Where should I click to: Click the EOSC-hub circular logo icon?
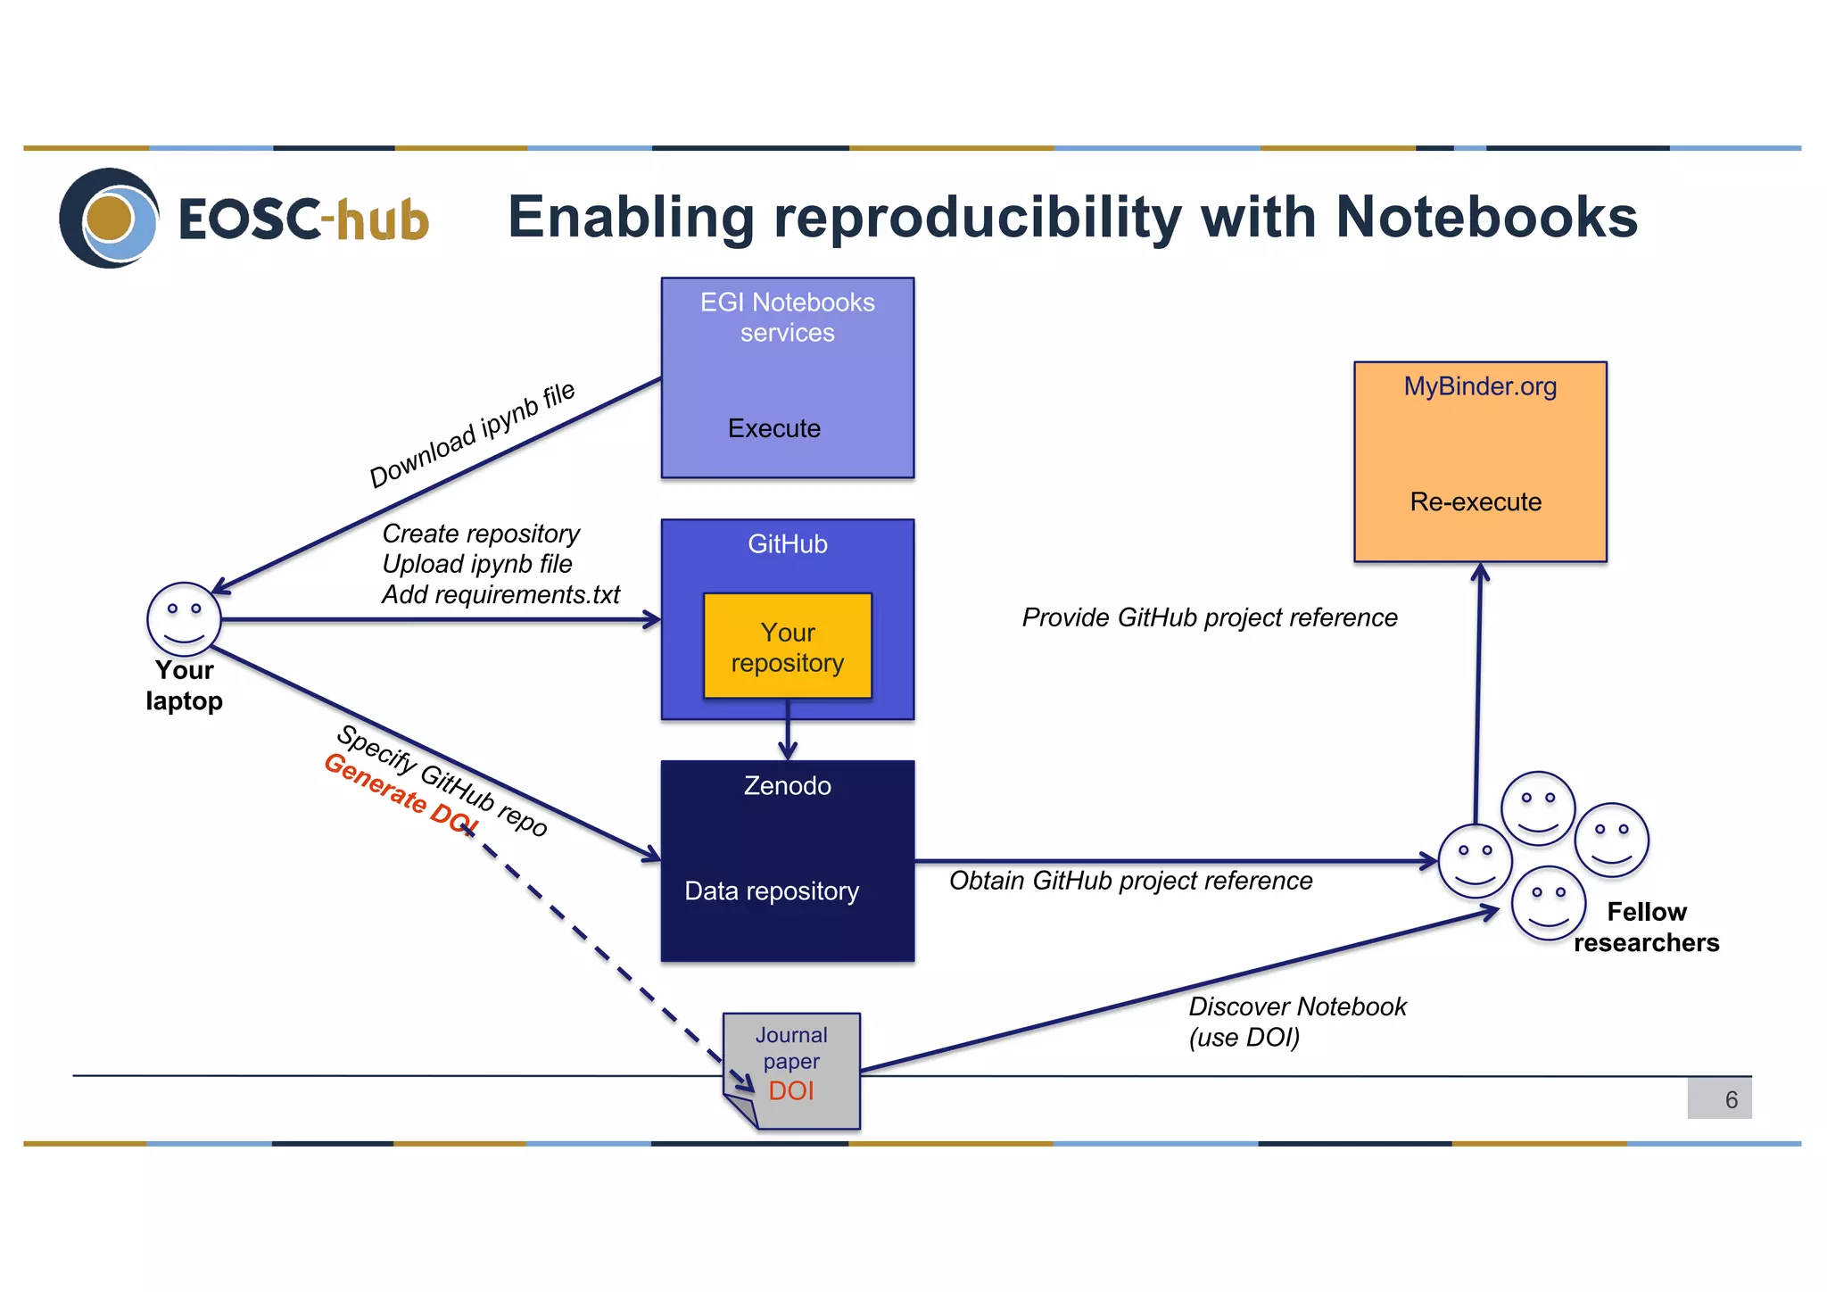pos(109,218)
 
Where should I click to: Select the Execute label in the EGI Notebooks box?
pos(773,428)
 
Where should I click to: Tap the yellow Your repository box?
pos(787,647)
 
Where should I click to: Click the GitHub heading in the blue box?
pos(787,544)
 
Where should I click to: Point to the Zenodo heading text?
pos(787,786)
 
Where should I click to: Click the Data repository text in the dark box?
pos(772,891)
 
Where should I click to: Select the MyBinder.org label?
pos(1479,386)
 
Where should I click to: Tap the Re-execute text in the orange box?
pos(1475,501)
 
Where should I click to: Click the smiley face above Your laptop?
pos(184,619)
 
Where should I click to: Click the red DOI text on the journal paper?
pos(790,1090)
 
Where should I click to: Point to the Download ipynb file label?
pos(472,435)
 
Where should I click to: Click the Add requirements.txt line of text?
pos(500,595)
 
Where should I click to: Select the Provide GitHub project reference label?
pos(1209,617)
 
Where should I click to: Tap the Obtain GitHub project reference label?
pos(1130,881)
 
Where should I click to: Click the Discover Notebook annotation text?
pos(1297,1007)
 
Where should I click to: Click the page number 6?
pos(1731,1099)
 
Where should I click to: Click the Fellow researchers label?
pos(1646,927)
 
